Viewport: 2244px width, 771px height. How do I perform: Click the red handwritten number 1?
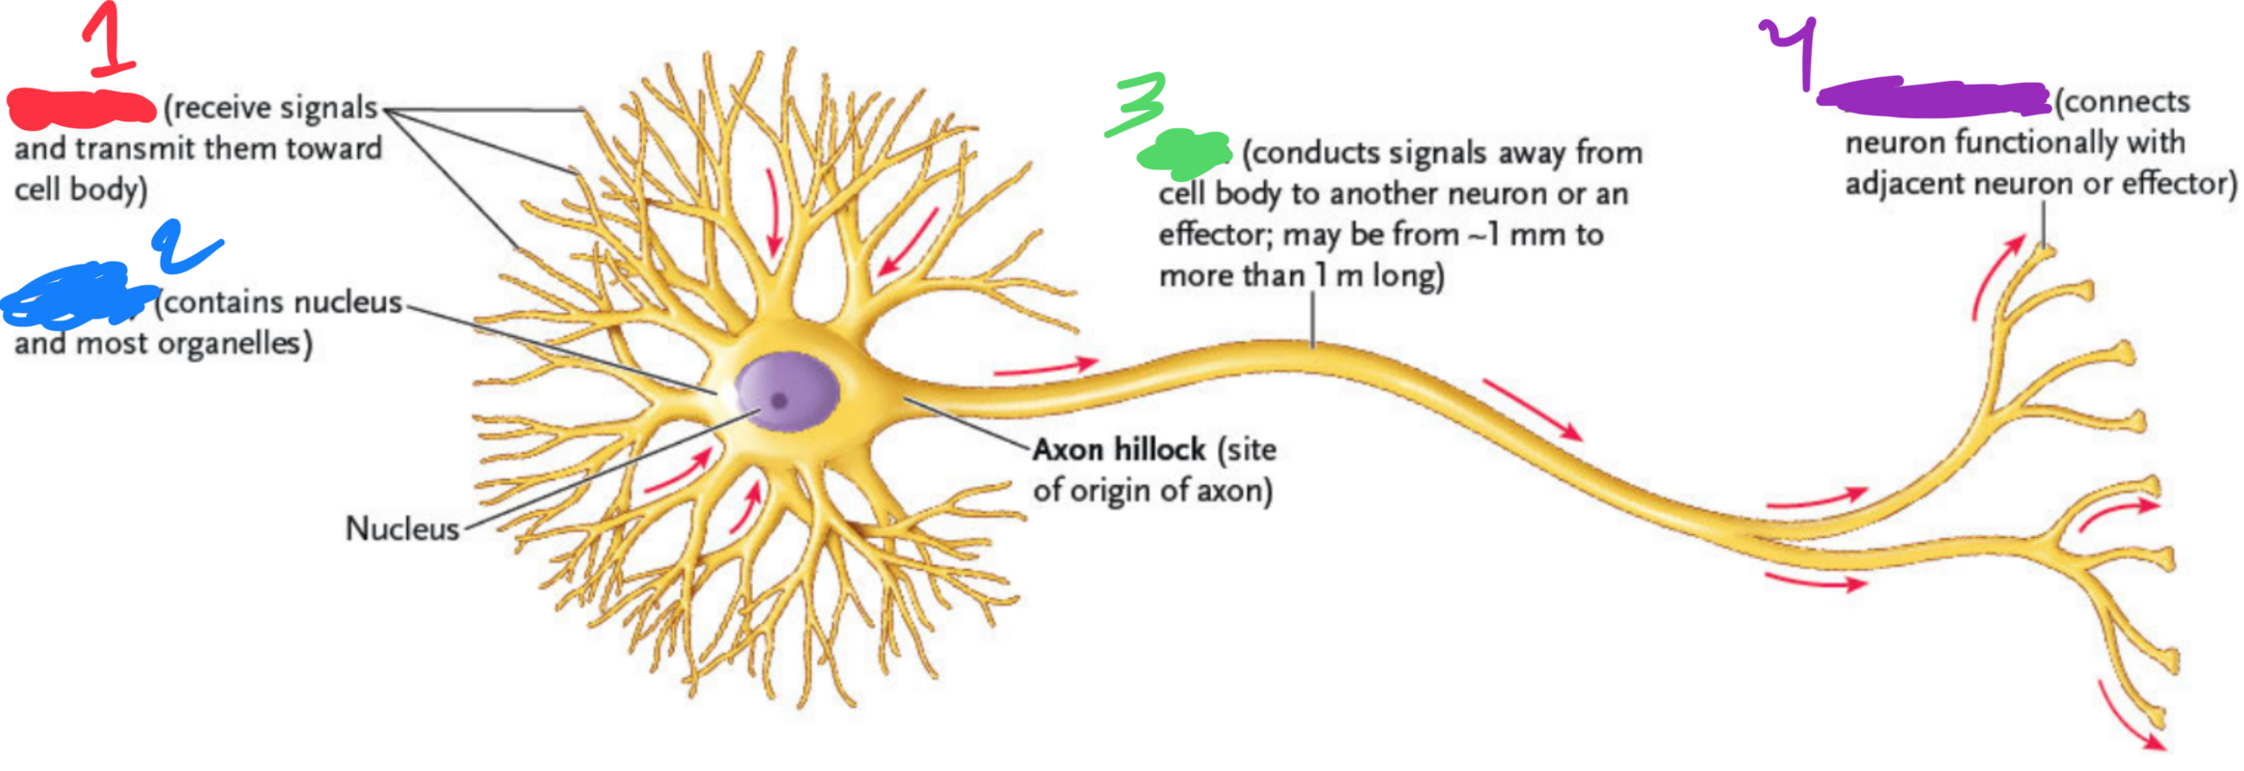click(x=109, y=40)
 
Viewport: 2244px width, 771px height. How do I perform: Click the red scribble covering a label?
click(x=82, y=108)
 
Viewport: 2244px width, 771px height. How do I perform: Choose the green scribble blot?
click(x=1184, y=153)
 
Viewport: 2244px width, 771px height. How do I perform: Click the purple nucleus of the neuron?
click(x=787, y=390)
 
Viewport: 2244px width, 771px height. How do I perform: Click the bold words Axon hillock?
click(x=1119, y=450)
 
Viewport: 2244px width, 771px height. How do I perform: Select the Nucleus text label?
click(x=402, y=528)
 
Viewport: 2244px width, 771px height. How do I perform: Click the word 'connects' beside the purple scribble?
click(x=2124, y=102)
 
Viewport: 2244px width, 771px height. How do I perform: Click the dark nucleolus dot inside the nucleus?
click(x=779, y=400)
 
